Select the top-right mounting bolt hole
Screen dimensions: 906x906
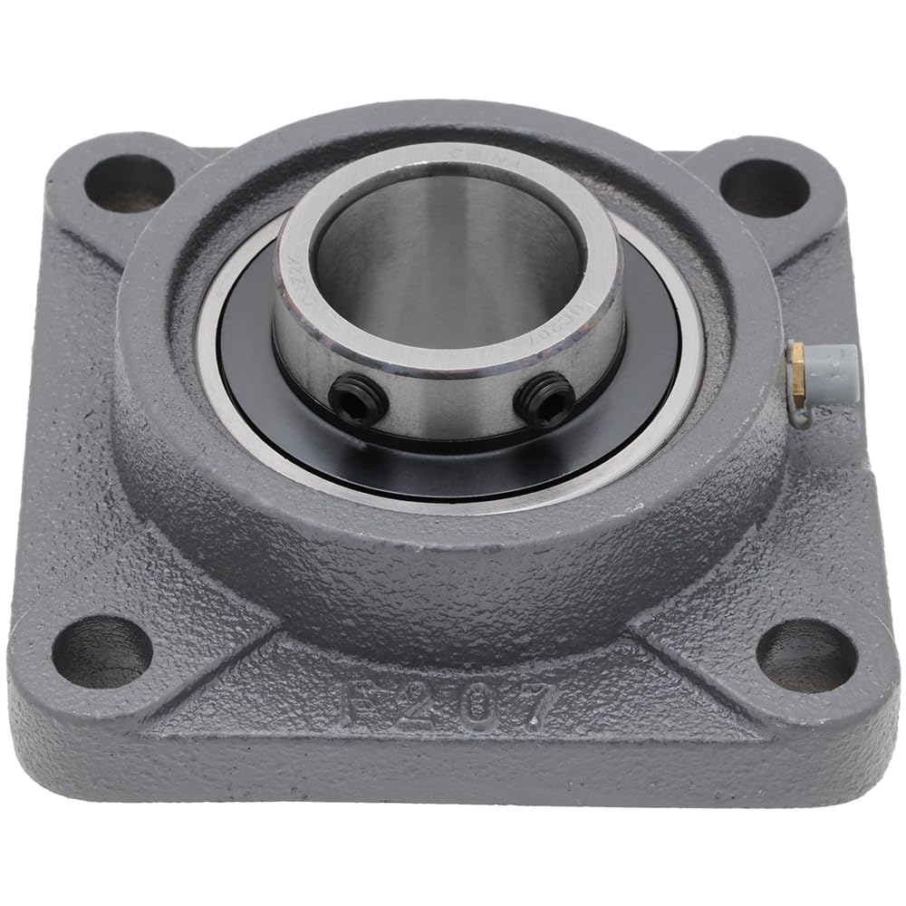pos(763,188)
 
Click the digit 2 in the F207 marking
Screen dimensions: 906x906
pos(417,704)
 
